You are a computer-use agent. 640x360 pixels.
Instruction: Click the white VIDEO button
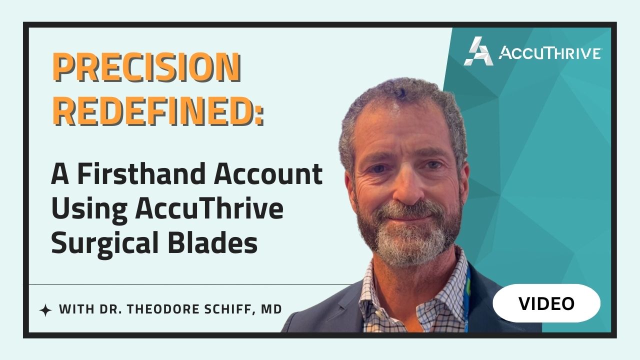[x=546, y=303]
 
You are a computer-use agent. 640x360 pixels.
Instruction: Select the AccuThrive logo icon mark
[x=478, y=51]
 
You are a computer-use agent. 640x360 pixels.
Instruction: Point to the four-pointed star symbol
[x=45, y=310]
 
